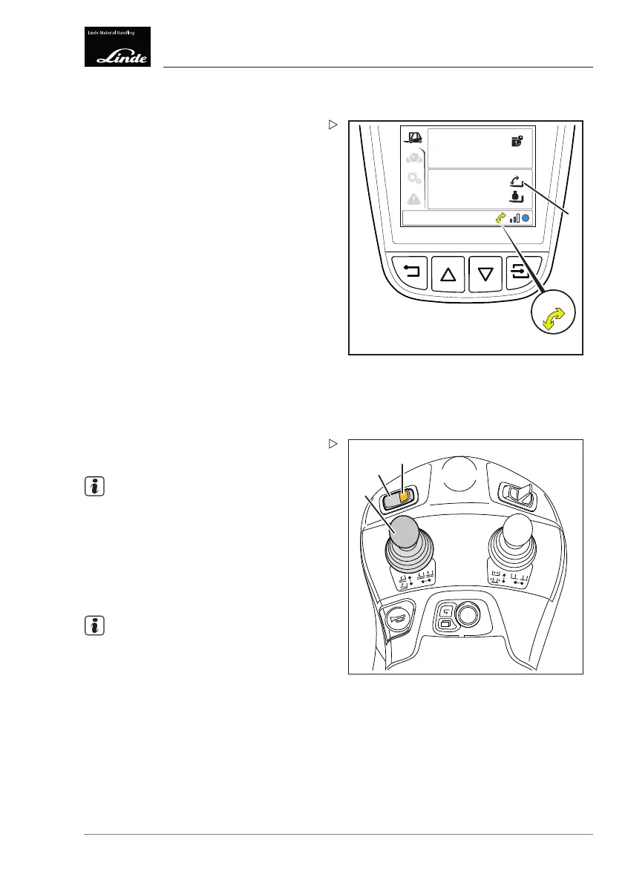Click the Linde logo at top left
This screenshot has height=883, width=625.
click(117, 47)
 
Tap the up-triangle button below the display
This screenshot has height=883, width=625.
click(447, 275)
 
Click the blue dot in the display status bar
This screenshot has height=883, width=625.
click(526, 218)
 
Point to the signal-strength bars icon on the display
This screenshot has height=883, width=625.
click(514, 218)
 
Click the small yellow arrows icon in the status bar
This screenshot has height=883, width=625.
click(500, 218)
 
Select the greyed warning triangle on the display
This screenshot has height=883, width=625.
click(413, 199)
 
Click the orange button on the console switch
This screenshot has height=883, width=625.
click(403, 497)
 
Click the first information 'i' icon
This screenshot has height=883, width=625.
click(94, 488)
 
